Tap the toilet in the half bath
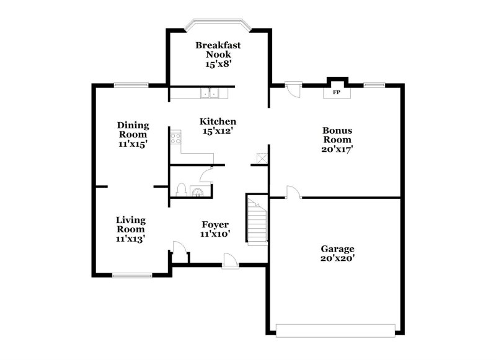182,190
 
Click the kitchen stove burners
175,138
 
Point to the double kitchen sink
210,94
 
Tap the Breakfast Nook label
218,50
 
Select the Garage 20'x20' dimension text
337,260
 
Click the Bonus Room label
337,135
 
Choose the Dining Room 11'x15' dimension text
133,144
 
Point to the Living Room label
131,224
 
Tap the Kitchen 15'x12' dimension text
217,131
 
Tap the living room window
131,274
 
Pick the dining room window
130,85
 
